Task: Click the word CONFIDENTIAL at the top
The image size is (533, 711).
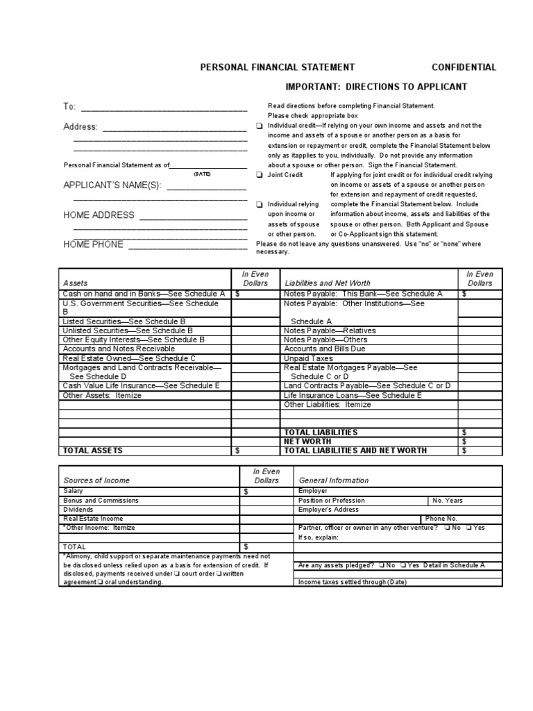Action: pyautogui.click(x=464, y=67)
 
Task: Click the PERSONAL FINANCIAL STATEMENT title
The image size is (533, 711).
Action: pyautogui.click(x=277, y=67)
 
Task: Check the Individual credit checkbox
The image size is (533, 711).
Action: pyautogui.click(x=259, y=126)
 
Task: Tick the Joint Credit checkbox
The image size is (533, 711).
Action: pyautogui.click(x=259, y=176)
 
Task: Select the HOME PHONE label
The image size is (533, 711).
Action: pyautogui.click(x=94, y=244)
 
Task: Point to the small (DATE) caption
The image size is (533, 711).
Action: pyautogui.click(x=202, y=174)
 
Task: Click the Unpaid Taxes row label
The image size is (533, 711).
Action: pyautogui.click(x=308, y=358)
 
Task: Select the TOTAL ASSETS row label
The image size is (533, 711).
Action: pyautogui.click(x=92, y=451)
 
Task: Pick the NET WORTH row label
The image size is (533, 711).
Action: pyautogui.click(x=307, y=441)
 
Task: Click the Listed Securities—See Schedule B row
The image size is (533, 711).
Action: pyautogui.click(x=124, y=321)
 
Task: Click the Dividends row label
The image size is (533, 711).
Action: pyautogui.click(x=78, y=509)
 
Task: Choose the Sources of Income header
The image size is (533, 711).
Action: pyautogui.click(x=96, y=480)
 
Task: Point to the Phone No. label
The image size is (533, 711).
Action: pyautogui.click(x=441, y=518)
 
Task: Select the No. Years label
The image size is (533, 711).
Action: pyautogui.click(x=448, y=500)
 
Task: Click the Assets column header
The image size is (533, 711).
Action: pyautogui.click(x=76, y=283)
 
